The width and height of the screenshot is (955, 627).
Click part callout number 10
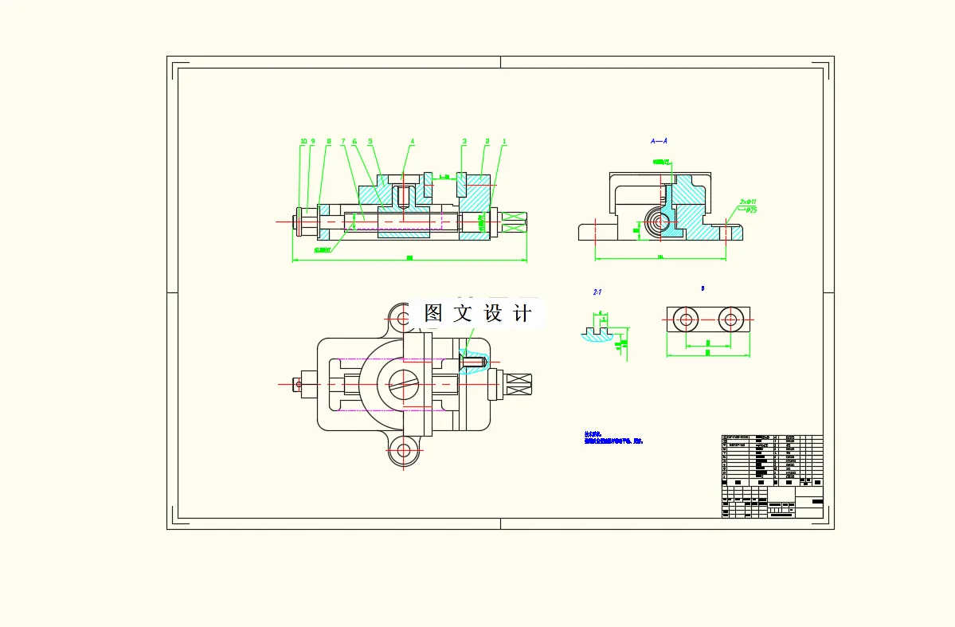(x=303, y=142)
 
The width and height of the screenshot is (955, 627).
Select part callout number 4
(x=413, y=142)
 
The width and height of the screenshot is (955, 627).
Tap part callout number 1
(x=504, y=142)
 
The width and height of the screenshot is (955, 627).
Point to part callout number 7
(x=343, y=142)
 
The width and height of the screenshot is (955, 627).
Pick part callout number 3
(x=464, y=142)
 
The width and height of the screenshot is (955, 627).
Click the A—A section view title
(x=659, y=141)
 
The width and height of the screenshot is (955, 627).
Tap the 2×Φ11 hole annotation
(x=747, y=202)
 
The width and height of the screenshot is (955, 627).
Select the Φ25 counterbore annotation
(x=749, y=210)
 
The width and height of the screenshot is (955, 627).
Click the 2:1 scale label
(x=597, y=292)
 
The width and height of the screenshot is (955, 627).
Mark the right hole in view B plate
(x=730, y=320)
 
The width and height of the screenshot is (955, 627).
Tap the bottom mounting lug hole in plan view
(x=404, y=451)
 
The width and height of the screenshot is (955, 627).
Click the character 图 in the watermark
(x=433, y=313)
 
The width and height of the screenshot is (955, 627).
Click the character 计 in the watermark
(x=523, y=313)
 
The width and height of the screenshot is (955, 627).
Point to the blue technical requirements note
(x=613, y=437)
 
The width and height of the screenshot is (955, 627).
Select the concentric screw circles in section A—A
(x=658, y=223)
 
